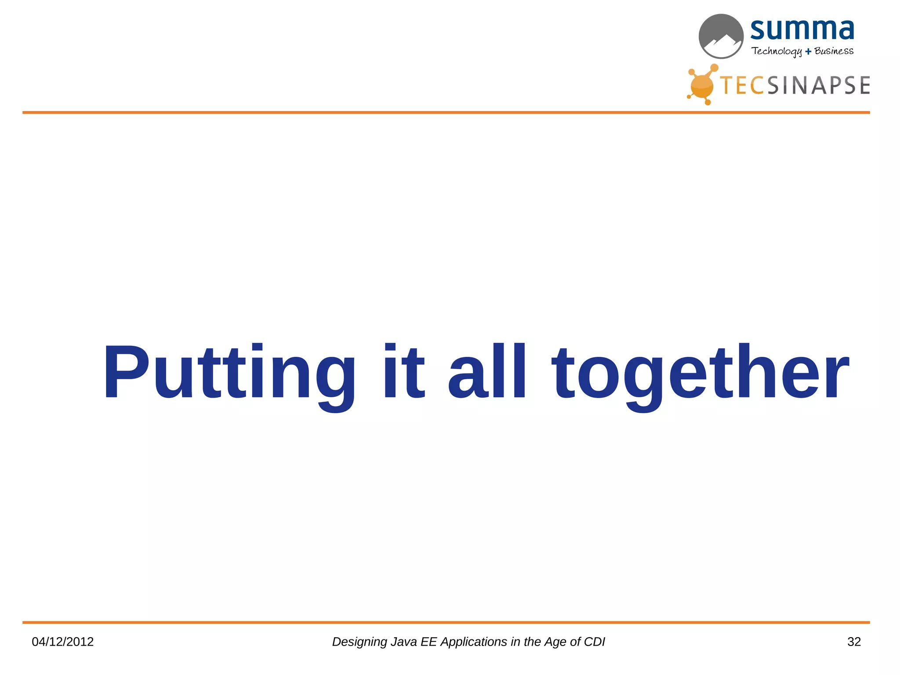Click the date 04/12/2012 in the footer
[63, 642]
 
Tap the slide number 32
[854, 642]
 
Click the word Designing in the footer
[359, 642]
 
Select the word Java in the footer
[404, 642]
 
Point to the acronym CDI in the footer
[594, 642]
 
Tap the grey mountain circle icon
[721, 36]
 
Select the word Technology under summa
[777, 51]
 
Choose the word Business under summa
[834, 51]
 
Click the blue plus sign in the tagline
[808, 52]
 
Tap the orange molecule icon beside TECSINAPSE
[702, 85]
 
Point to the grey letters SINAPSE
[818, 85]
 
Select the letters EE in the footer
[428, 642]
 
